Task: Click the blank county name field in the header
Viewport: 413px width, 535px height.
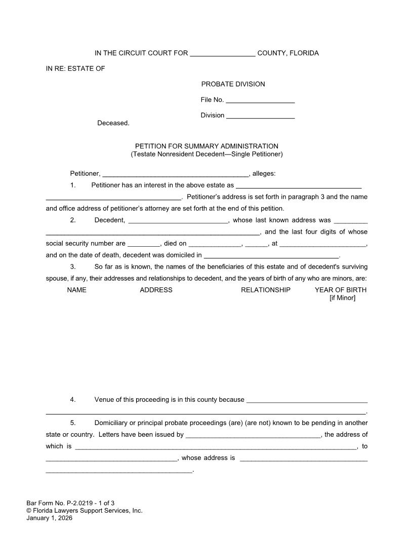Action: pyautogui.click(x=223, y=54)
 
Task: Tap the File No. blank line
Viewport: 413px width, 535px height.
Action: pyautogui.click(x=260, y=101)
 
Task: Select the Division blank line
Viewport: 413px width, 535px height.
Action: pyautogui.click(x=261, y=116)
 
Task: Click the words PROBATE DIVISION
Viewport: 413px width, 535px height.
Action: pyautogui.click(x=233, y=84)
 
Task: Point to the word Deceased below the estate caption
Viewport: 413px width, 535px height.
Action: pyautogui.click(x=113, y=123)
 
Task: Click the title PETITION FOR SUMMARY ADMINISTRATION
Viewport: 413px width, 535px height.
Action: pyautogui.click(x=206, y=146)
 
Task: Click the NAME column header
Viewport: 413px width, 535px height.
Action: pyautogui.click(x=76, y=290)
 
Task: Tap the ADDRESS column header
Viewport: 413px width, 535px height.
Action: pyautogui.click(x=156, y=290)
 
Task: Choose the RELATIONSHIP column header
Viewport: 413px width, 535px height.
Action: pyautogui.click(x=266, y=290)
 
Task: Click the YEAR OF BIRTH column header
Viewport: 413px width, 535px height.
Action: pyautogui.click(x=341, y=290)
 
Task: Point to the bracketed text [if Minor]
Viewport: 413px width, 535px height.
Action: pyautogui.click(x=342, y=298)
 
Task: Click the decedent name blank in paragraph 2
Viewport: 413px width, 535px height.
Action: pyautogui.click(x=179, y=221)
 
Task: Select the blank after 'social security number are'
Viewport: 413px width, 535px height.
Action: pyautogui.click(x=144, y=244)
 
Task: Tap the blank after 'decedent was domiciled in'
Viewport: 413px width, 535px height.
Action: pyautogui.click(x=271, y=256)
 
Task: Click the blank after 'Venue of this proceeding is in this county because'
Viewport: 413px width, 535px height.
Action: pyautogui.click(x=306, y=401)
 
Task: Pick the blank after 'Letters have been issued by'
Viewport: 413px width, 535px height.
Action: pyautogui.click(x=253, y=436)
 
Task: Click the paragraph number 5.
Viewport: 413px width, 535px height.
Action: pyautogui.click(x=73, y=423)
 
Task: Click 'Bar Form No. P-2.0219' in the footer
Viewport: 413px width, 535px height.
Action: pyautogui.click(x=59, y=503)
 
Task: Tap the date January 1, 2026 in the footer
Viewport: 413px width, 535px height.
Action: pyautogui.click(x=49, y=518)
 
